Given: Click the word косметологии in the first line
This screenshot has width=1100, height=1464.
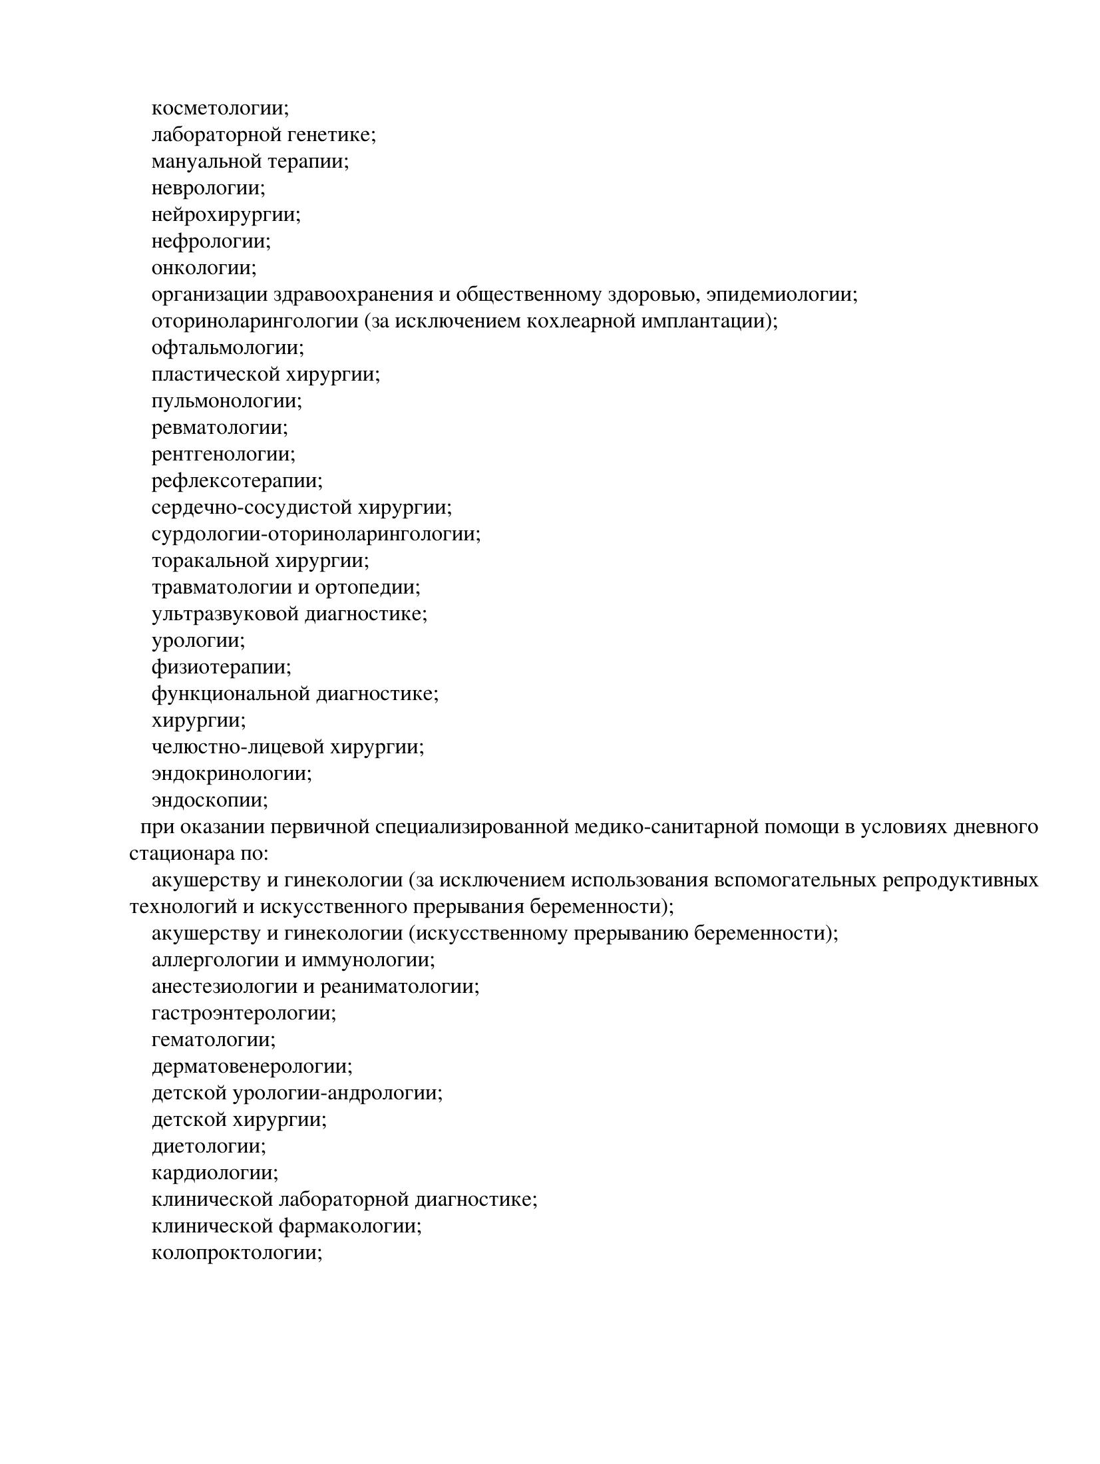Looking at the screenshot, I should coord(219,108).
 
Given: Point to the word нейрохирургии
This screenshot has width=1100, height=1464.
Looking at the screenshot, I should coord(225,215).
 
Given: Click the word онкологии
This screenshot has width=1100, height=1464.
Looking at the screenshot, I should coord(203,268).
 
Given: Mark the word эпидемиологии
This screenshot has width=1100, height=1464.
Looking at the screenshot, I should coord(781,295).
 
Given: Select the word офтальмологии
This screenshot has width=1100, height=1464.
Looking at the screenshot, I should coord(227,348).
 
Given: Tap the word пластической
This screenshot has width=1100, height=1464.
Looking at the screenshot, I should coord(216,375).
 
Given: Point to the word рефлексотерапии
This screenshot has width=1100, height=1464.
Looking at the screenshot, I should coord(236,481).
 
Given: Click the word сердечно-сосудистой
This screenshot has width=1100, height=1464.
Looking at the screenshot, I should coord(253,508).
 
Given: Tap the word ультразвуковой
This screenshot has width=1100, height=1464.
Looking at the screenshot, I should coord(226,614).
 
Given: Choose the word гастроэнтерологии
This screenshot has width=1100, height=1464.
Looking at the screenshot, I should coord(243,1013).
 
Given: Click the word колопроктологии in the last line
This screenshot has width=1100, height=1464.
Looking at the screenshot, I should coord(236,1253).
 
